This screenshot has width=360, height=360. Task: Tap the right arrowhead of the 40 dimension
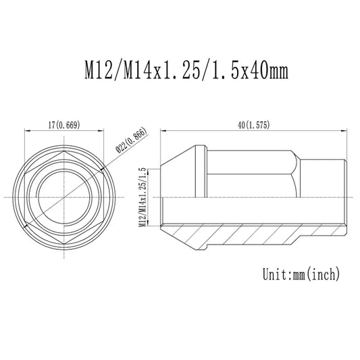pyautogui.click(x=345, y=130)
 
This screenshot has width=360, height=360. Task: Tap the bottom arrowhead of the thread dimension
pyautogui.click(x=149, y=226)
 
